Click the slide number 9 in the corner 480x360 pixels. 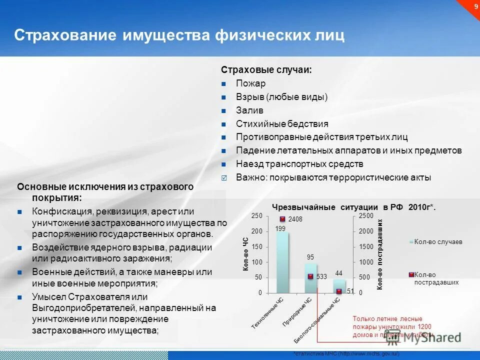[x=474, y=5]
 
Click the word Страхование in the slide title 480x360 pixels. [x=65, y=36]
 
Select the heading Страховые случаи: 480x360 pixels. [x=266, y=70]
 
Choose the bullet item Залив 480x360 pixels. [x=249, y=110]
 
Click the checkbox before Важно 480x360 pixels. [x=224, y=177]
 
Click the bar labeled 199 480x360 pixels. [x=282, y=262]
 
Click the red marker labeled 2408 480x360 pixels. [x=282, y=219]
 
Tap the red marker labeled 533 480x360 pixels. [x=310, y=276]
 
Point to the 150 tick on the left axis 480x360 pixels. [x=256, y=246]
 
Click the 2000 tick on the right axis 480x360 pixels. [x=366, y=231]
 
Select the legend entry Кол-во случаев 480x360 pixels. [x=438, y=241]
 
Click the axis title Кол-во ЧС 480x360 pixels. [x=245, y=254]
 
